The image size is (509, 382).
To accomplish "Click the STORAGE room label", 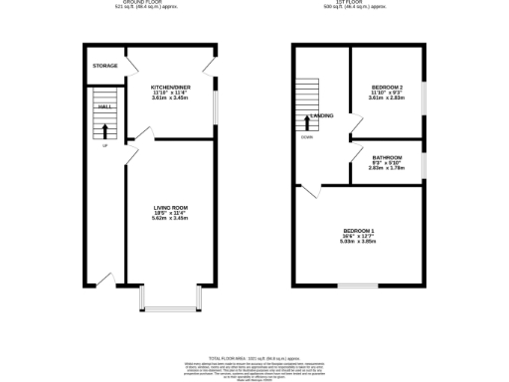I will (x=104, y=66).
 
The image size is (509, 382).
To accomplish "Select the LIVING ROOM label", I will (x=170, y=207).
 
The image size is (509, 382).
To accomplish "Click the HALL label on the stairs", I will (x=103, y=104).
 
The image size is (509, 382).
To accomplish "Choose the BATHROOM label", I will (x=387, y=158).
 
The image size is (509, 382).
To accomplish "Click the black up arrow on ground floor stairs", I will (x=103, y=128).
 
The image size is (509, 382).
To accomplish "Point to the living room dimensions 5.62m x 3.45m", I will (x=170, y=219).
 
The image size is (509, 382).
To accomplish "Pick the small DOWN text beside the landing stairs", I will (x=306, y=137).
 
